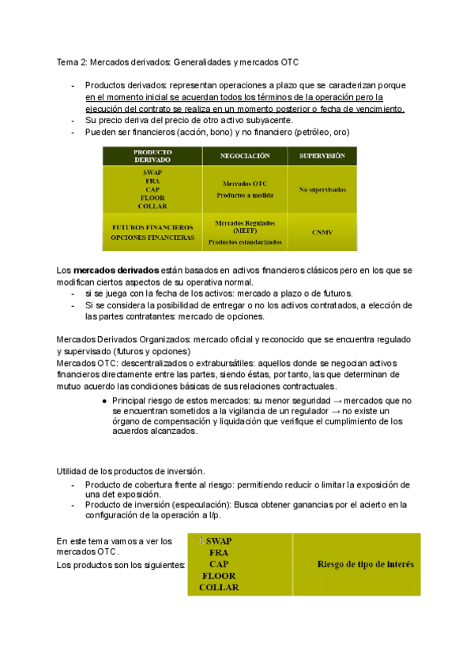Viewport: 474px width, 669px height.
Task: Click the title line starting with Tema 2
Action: tap(178, 61)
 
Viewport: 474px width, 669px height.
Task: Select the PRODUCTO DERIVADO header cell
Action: tap(152, 156)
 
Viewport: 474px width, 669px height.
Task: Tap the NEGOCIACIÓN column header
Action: tap(245, 156)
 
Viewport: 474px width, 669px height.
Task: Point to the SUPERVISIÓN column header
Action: tap(322, 156)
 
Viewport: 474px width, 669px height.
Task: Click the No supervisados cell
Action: tap(322, 189)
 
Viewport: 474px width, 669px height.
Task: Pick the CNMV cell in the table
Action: tap(322, 232)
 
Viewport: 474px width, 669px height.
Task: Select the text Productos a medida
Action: tap(245, 196)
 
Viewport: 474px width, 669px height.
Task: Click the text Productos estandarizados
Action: tap(245, 241)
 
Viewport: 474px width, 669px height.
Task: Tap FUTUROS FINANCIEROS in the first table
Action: tap(152, 226)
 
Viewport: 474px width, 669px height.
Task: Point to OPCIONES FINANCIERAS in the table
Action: tap(152, 237)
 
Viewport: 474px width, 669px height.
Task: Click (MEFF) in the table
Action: tap(245, 231)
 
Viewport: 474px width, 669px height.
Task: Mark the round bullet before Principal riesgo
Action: tap(104, 401)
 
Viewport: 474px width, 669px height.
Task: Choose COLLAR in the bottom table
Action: tap(219, 587)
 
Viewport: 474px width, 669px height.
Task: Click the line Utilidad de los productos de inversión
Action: tap(130, 471)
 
